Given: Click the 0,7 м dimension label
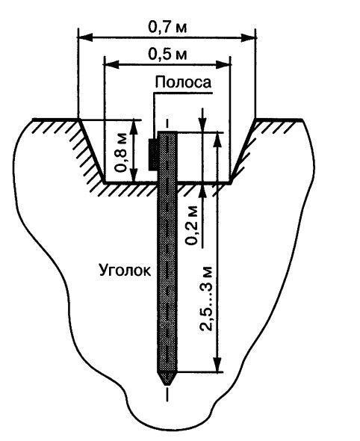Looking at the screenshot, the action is [167, 27].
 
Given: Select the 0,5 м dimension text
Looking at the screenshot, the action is [167, 55].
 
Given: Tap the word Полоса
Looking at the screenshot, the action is [183, 83].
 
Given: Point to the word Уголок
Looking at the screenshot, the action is [125, 271].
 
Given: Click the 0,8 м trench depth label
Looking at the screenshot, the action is [122, 152].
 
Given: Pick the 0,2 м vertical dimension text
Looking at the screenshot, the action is [192, 226].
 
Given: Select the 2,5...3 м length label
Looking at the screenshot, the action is [207, 298].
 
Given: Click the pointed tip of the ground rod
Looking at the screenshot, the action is [167, 384].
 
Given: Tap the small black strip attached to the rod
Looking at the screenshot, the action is [153, 155].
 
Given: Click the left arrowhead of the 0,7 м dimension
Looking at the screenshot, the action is [85, 37].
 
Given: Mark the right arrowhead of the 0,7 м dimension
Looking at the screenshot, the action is [248, 37].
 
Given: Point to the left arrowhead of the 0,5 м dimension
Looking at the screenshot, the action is [111, 64].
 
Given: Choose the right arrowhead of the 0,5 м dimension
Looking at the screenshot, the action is [223, 64].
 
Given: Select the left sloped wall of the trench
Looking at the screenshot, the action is [92, 151].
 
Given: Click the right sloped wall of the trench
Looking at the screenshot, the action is [243, 151].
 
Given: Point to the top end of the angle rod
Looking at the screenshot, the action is [167, 132].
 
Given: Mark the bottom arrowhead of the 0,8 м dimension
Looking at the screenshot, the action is [134, 175].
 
